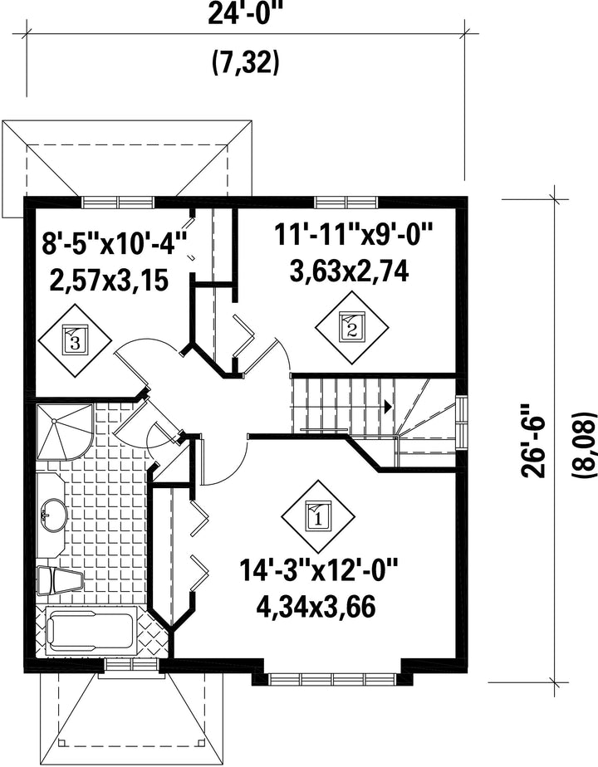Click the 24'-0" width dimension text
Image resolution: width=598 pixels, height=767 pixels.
pos(245,13)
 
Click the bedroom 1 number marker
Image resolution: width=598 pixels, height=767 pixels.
pos(319,515)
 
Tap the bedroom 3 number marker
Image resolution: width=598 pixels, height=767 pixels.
pos(75,340)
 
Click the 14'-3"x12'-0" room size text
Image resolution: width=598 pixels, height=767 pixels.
pos(319,570)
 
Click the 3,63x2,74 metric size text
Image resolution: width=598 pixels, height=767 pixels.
pos(349,272)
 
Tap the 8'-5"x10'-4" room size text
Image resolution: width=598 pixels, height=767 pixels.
pos(115,243)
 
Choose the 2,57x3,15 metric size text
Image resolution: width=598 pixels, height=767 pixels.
pos(109,281)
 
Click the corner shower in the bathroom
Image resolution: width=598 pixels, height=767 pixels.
pos(64,432)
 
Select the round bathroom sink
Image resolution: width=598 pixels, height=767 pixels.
pos(53,515)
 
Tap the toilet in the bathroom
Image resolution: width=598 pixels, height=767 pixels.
pos(60,580)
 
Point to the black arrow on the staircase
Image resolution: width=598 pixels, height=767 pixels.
pos(389,407)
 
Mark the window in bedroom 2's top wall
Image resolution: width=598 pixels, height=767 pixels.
pos(346,202)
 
